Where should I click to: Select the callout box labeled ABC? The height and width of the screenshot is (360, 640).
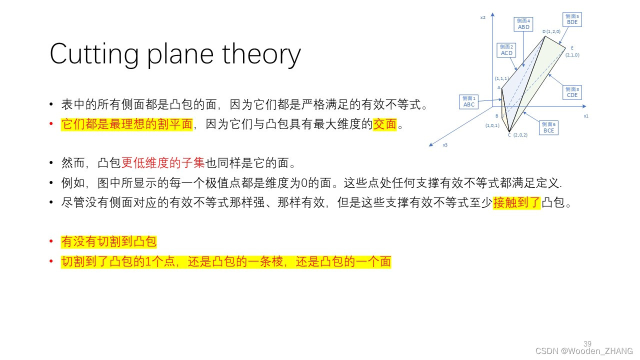tap(469, 101)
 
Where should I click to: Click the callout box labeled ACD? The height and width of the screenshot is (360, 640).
tap(506, 50)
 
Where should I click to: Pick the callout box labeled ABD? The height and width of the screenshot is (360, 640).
tap(523, 24)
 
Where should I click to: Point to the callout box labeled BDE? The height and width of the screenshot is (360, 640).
tap(572, 19)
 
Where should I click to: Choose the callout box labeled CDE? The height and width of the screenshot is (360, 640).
tap(572, 92)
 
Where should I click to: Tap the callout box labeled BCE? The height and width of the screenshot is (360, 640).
tap(548, 127)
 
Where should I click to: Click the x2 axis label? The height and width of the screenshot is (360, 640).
tap(483, 17)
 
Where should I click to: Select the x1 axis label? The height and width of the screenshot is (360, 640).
tap(586, 116)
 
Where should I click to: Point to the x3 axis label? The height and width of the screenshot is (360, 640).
tap(445, 145)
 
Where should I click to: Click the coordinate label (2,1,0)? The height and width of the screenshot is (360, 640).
tap(572, 55)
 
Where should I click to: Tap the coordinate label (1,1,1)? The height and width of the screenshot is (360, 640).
tap(501, 78)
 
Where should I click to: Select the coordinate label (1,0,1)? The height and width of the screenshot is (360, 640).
tap(492, 125)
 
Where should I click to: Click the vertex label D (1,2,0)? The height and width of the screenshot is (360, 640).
tap(551, 31)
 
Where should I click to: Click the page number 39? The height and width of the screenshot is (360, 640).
tap(587, 343)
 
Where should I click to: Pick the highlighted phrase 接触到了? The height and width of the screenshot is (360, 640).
tap(517, 203)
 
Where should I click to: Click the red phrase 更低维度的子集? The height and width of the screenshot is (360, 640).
tap(163, 163)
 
